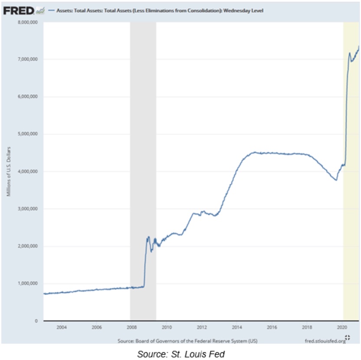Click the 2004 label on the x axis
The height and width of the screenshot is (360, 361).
[x=62, y=327]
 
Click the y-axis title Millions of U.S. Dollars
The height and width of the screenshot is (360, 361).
[x=8, y=172]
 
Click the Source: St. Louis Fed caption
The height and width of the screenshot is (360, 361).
[x=181, y=354]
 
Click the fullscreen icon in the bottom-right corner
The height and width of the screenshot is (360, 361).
[x=347, y=338]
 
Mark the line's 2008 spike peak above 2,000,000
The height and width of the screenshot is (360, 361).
[x=148, y=237]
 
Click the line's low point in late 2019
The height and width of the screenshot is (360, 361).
[x=336, y=180]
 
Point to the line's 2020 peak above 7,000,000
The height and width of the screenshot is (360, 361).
[x=350, y=53]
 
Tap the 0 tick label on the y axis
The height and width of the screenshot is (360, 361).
[x=37, y=321]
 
